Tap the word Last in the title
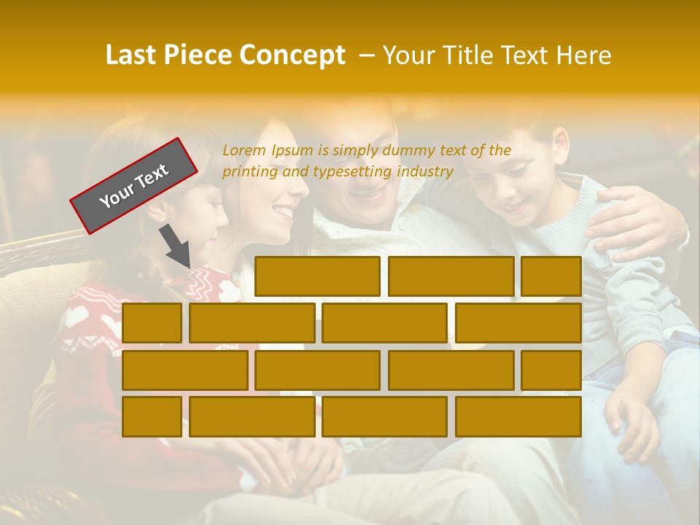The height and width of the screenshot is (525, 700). (132, 55)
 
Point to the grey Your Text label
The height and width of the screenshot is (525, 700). (133, 186)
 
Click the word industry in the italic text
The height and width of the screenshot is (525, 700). (425, 172)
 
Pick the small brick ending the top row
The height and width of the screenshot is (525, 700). (551, 276)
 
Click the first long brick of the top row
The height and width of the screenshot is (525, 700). (317, 276)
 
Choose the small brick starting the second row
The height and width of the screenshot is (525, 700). (152, 323)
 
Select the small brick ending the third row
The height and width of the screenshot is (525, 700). (551, 370)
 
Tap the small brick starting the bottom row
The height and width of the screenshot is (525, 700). (152, 416)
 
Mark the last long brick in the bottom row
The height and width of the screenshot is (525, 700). (518, 416)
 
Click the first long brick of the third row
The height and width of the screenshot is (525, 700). (184, 370)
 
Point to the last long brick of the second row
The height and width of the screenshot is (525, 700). (518, 323)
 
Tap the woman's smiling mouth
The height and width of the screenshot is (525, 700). (284, 211)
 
